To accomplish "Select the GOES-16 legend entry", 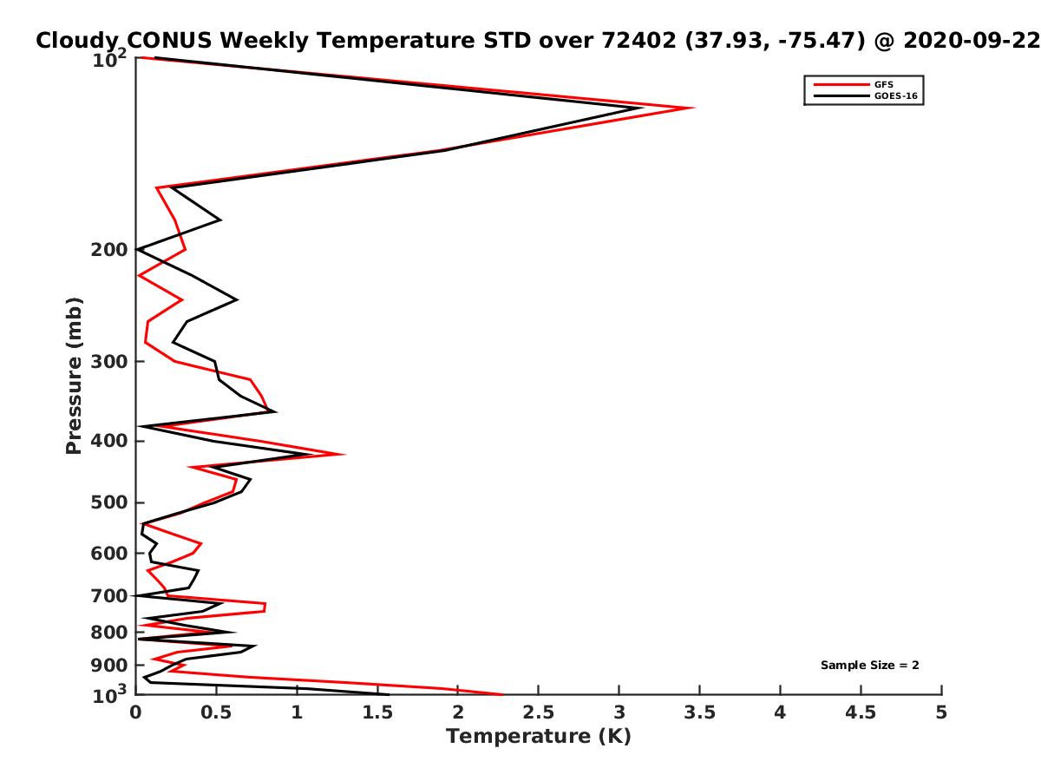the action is (865, 95).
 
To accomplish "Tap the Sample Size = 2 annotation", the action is (869, 665).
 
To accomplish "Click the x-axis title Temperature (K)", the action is (539, 736).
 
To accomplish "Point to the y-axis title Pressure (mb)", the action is (74, 376).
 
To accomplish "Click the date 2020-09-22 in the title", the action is (972, 41).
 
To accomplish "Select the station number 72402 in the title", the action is (638, 41).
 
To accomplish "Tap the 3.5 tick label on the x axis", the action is (699, 712).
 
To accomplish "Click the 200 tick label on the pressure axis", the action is (109, 249).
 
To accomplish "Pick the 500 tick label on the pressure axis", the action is (109, 502).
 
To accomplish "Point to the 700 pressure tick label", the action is (109, 595).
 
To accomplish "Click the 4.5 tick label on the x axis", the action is (861, 712).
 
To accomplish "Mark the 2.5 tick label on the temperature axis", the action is (538, 712).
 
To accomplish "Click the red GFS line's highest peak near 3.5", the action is (693, 108).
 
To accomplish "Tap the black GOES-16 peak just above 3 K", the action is (642, 108).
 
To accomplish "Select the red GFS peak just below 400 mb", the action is (344, 454).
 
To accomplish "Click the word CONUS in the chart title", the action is (169, 41).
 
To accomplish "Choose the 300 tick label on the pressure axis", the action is (109, 361).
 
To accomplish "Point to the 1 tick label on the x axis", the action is (297, 712).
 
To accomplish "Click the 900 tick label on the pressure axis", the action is (109, 666).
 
